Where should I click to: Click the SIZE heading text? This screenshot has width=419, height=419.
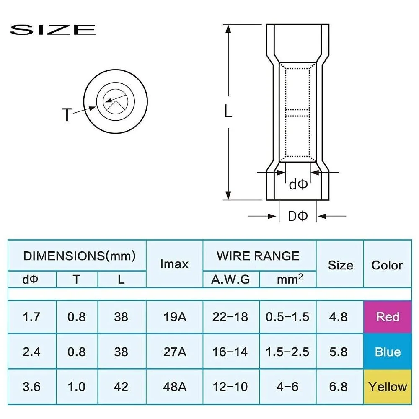pyautogui.click(x=53, y=30)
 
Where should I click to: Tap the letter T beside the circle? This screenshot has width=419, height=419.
pyautogui.click(x=67, y=114)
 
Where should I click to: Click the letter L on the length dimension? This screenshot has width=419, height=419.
pyautogui.click(x=228, y=111)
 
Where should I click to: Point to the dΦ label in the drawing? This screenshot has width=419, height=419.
pyautogui.click(x=298, y=184)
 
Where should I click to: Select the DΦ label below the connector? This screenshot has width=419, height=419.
pyautogui.click(x=298, y=216)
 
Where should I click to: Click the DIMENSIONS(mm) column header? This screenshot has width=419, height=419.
pyautogui.click(x=79, y=256)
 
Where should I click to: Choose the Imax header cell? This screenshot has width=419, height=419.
pyautogui.click(x=174, y=264)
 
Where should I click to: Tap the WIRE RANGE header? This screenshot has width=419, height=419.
pyautogui.click(x=258, y=256)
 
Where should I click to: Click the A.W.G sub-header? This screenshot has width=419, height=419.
pyautogui.click(x=230, y=279)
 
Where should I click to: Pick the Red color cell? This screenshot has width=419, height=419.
pyautogui.click(x=388, y=317)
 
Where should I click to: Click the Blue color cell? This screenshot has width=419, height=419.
pyautogui.click(x=388, y=352)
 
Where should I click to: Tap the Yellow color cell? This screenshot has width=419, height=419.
pyautogui.click(x=388, y=386)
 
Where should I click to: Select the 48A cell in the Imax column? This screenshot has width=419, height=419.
pyautogui.click(x=174, y=386)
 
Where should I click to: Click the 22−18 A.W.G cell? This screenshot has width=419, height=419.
pyautogui.click(x=230, y=317)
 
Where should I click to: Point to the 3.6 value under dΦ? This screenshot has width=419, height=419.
pyautogui.click(x=32, y=386)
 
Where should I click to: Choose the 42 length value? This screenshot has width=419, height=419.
pyautogui.click(x=121, y=386)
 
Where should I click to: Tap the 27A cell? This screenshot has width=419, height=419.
pyautogui.click(x=174, y=352)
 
